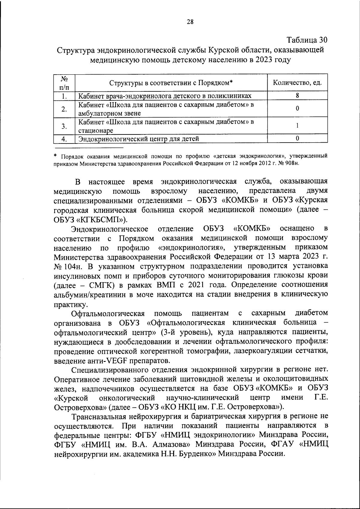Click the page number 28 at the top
[x=190, y=21]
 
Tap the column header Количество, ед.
[x=297, y=83]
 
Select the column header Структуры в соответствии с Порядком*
[x=171, y=83]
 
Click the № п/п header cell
[x=64, y=83]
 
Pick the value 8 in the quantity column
[x=297, y=96]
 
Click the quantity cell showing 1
[x=297, y=126]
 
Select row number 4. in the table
[x=64, y=139]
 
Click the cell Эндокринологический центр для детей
[x=139, y=139]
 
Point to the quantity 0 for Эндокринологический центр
[x=297, y=138]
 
